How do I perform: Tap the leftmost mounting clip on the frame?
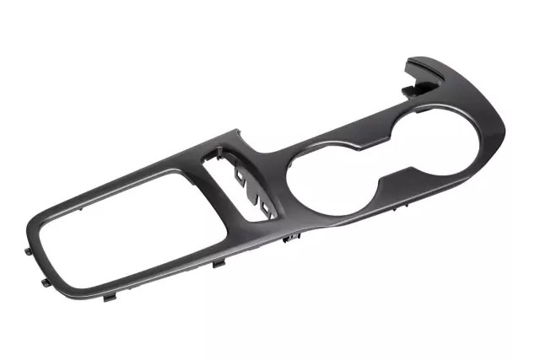point(30,250)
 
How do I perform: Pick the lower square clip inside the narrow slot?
point(267,207)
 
